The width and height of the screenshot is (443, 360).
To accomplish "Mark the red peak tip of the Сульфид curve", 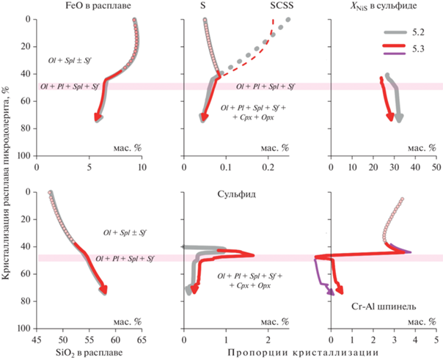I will [x=253, y=255].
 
